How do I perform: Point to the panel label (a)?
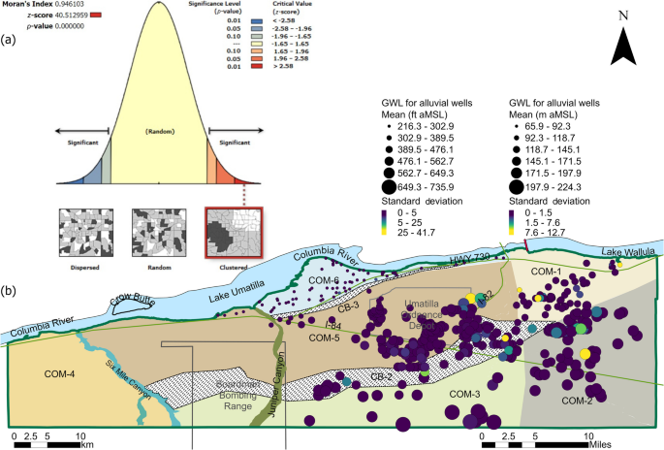pyautogui.click(x=11, y=41)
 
